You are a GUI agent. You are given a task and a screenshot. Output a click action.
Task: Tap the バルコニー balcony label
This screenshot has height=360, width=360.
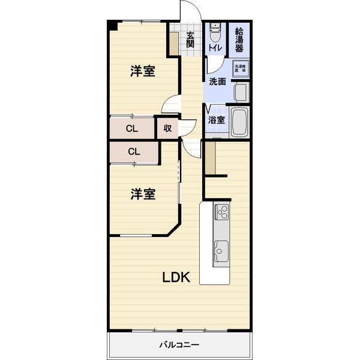click(x=179, y=345)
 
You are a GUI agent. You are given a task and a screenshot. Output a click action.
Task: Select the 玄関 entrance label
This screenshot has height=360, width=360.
click(x=190, y=39)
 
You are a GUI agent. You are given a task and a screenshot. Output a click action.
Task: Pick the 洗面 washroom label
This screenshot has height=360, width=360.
click(x=217, y=82)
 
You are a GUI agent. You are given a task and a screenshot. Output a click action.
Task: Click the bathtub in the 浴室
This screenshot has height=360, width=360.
click(x=239, y=123)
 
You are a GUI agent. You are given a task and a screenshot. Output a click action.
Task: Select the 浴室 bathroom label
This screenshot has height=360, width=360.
click(x=216, y=120)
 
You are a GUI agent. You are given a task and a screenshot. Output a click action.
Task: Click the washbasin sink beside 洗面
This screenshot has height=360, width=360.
click(x=241, y=94)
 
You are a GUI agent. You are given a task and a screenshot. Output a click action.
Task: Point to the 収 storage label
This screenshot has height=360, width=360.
click(x=167, y=128)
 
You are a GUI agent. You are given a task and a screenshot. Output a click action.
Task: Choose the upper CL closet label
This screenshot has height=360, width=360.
click(x=132, y=128)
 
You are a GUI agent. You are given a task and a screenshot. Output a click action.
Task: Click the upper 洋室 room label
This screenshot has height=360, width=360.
click(x=143, y=71)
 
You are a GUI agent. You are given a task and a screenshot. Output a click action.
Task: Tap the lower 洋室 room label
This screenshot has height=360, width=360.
click(x=143, y=194)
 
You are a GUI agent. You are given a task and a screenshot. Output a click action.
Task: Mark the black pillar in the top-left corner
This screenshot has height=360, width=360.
click(x=112, y=25)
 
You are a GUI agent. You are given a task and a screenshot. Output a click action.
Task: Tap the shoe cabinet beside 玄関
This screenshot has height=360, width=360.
click(x=174, y=43)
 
